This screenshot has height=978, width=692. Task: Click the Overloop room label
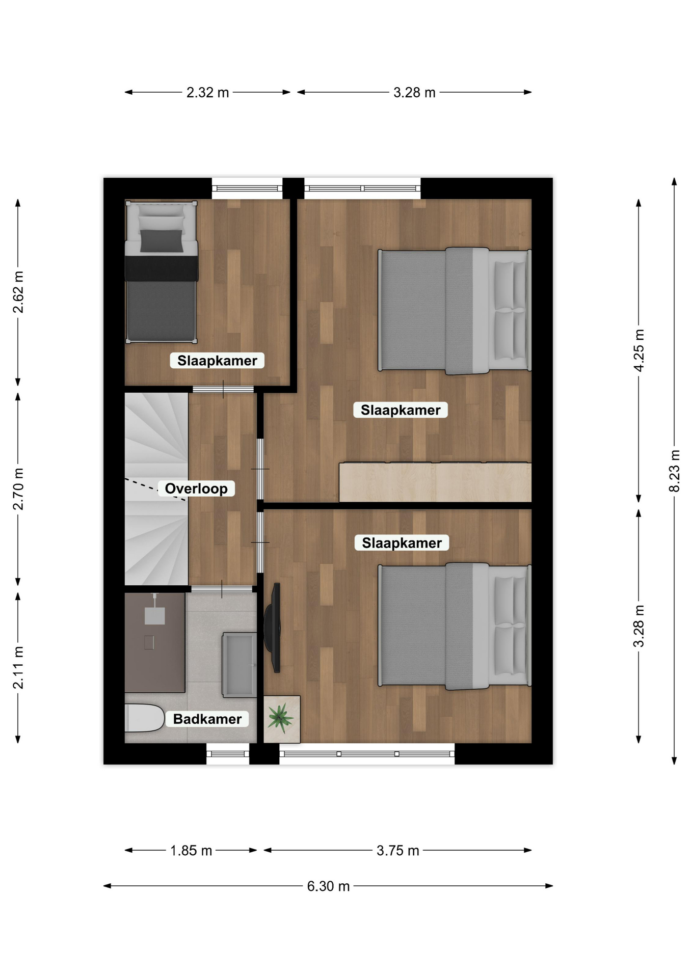(196, 488)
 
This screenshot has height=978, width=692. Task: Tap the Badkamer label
(207, 719)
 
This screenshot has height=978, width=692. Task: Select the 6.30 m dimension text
(328, 886)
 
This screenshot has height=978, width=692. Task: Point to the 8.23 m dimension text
(674, 471)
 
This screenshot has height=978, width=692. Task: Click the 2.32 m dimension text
(207, 93)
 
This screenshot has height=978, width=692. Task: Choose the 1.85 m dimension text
(191, 851)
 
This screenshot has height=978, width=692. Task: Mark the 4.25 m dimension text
(639, 351)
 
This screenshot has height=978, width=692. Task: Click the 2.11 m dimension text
(18, 668)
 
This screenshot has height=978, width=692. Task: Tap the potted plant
(281, 718)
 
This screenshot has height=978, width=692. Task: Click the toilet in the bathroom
(144, 718)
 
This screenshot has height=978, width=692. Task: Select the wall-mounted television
(273, 628)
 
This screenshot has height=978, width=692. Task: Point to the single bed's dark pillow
(162, 240)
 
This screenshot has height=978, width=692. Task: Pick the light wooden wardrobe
(436, 482)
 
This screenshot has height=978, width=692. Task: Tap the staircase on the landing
(156, 489)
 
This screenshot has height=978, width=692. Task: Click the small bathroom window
(228, 754)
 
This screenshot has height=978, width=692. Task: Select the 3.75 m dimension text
(398, 851)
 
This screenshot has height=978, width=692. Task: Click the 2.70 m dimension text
(18, 489)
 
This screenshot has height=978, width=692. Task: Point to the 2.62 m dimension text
(18, 292)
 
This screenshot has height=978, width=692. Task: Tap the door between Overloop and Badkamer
(222, 589)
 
